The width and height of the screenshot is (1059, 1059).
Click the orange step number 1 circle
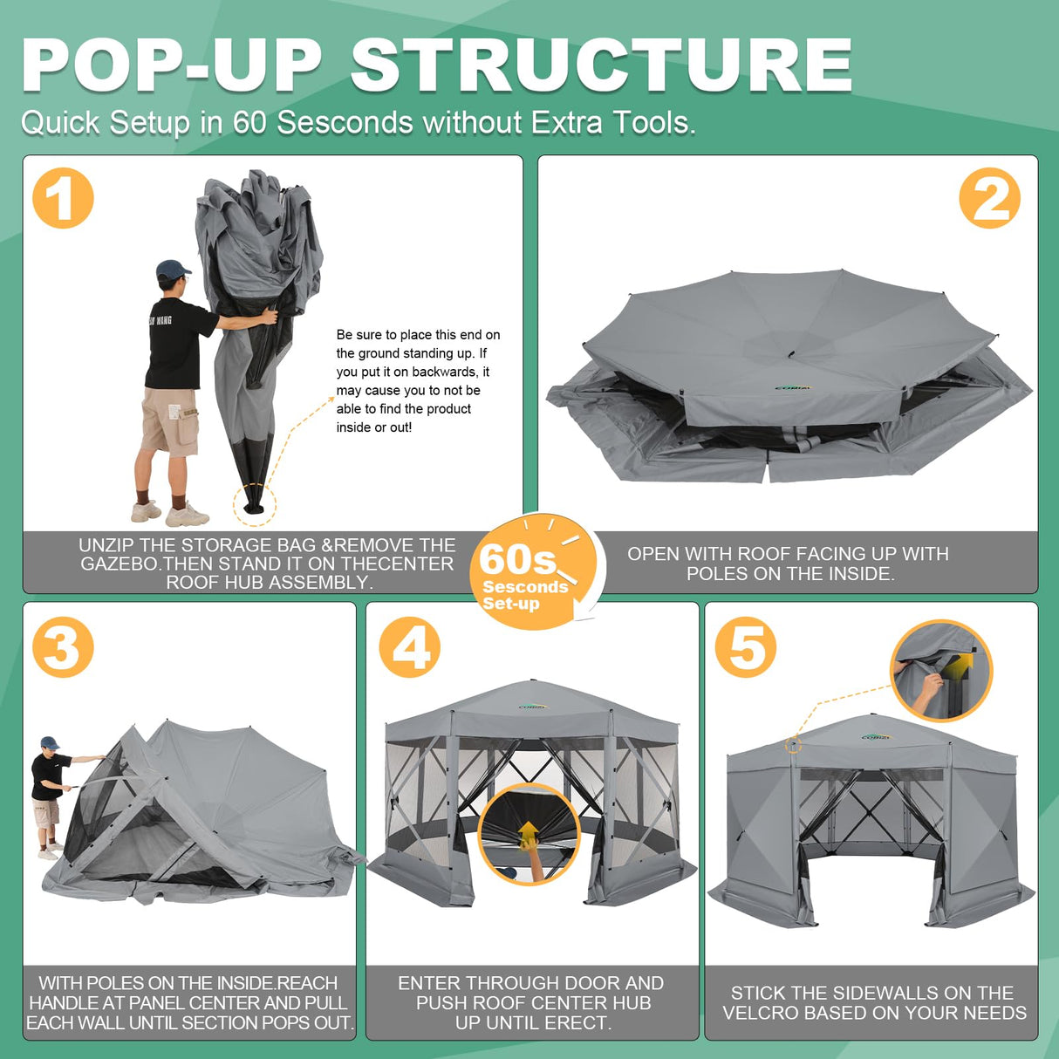coord(63,199)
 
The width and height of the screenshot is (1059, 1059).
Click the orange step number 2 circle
coord(989,199)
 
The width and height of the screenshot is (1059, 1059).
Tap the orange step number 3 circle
coord(63,647)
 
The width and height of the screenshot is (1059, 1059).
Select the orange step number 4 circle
coord(410,647)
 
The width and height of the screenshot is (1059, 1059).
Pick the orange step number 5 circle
coord(746,647)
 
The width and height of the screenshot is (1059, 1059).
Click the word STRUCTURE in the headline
coord(601,65)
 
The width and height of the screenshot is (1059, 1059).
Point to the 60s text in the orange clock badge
coord(517,558)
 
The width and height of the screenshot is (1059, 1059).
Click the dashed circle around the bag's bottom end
coord(254,504)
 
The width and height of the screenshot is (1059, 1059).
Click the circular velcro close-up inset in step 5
coord(941,672)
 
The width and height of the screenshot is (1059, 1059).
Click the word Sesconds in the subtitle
coord(345,123)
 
